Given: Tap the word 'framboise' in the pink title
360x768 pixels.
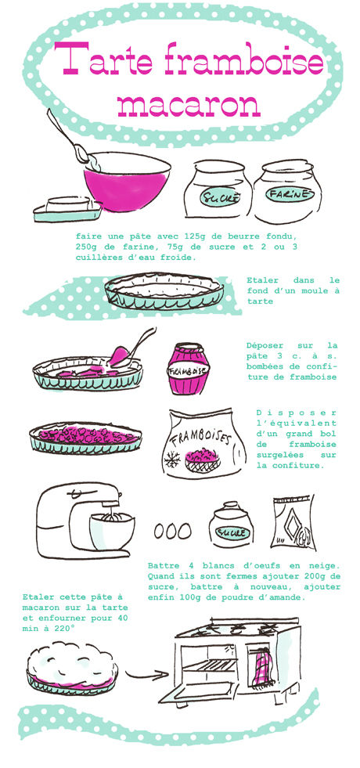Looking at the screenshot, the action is [x=244, y=59].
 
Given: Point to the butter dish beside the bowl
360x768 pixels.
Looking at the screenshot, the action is [x=67, y=210].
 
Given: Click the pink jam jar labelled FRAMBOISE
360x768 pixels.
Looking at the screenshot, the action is [x=189, y=368].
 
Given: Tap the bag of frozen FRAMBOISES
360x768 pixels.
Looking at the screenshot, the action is [x=203, y=443].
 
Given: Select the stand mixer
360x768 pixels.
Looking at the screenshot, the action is [x=86, y=520].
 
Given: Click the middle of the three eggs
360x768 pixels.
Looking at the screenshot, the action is [x=172, y=531].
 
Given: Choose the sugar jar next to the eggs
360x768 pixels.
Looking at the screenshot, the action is [x=231, y=525].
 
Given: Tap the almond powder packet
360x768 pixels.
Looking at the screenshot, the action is [x=293, y=522].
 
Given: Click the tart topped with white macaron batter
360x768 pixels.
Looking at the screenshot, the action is [x=73, y=669].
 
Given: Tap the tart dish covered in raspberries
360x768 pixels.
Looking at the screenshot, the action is [x=85, y=437].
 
